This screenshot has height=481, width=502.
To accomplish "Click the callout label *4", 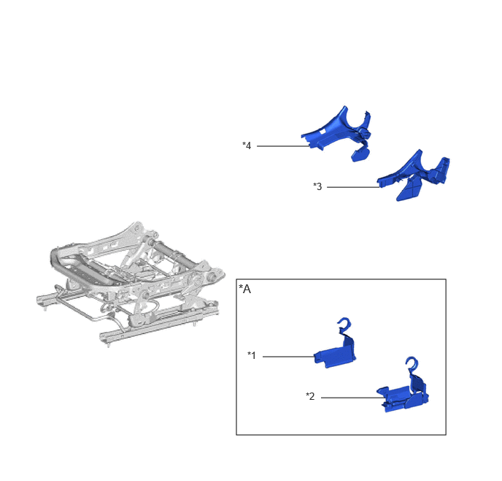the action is coord(247,145).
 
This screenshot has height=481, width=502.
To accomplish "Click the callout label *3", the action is coord(317,186).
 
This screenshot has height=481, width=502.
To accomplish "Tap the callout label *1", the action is coord(252,355).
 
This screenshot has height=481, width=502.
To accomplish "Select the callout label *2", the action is coord(310,396).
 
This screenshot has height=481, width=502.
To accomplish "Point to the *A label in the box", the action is coord(244,289).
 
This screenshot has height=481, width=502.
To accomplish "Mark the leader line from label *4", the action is coord(283,146).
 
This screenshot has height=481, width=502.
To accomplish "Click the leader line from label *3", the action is coord(353,187).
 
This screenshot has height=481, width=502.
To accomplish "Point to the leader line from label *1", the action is coord(288,356).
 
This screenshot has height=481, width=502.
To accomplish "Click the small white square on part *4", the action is coord(323,131).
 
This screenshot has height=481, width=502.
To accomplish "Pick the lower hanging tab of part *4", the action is coord(360,154).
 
